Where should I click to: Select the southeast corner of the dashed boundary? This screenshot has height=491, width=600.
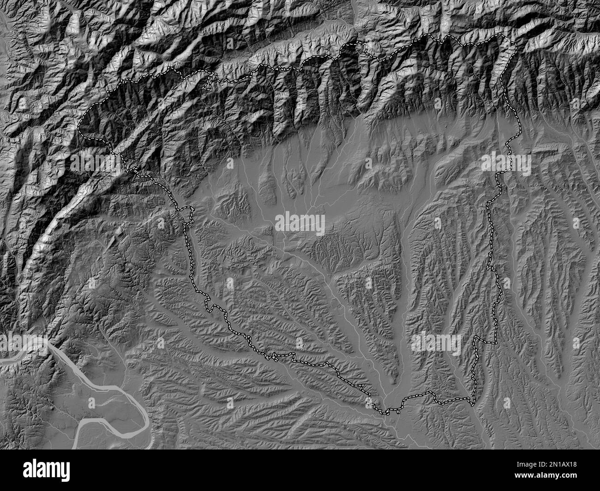[x=473, y=404]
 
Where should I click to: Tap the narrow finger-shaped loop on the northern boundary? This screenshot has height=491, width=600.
[x=209, y=81]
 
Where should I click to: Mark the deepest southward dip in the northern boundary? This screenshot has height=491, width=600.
[x=378, y=60]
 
